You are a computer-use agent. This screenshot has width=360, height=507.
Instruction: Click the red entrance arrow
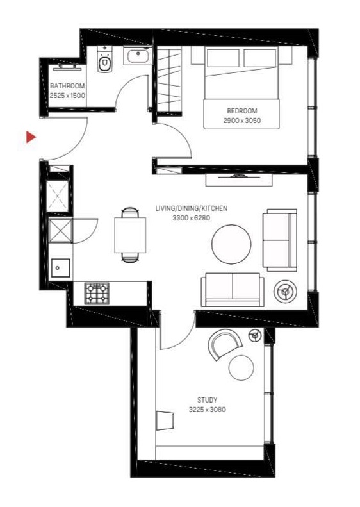pyautogui.click(x=31, y=137)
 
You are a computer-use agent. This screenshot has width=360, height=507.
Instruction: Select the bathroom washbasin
pyautogui.click(x=137, y=56)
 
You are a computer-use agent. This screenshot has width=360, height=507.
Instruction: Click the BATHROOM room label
pyautogui.click(x=67, y=86)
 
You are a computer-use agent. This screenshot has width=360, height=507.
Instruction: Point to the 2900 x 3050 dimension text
pyautogui.click(x=241, y=121)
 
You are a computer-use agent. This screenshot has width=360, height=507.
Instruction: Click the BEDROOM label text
pyautogui.click(x=242, y=111)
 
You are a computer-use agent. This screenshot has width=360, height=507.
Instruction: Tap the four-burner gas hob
pyautogui.click(x=97, y=294)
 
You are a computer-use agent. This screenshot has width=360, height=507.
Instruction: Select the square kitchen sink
pyautogui.click(x=61, y=268)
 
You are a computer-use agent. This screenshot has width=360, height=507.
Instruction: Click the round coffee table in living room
pyautogui.click(x=231, y=244)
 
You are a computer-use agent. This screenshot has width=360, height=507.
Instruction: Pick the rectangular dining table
pyautogui.click(x=130, y=235)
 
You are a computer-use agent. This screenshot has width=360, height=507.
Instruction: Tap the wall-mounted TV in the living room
pyautogui.click(x=239, y=176)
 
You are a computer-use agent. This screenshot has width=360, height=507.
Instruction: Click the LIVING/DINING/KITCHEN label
pyautogui.click(x=192, y=208)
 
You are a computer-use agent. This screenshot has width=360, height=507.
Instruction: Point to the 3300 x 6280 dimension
pyautogui.click(x=192, y=218)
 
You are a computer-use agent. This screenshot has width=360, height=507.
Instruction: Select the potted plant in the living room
pyautogui.click(x=284, y=292)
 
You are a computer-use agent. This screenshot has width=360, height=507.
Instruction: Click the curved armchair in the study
pyautogui.click(x=225, y=344)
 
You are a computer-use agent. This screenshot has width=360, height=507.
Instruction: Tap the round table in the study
pyautogui.click(x=241, y=368)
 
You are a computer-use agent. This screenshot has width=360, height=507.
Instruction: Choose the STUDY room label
pyautogui.click(x=207, y=400)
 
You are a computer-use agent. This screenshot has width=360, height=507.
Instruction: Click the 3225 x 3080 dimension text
pyautogui.click(x=207, y=410)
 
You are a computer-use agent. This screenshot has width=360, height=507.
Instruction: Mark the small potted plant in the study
pyautogui.click(x=256, y=335)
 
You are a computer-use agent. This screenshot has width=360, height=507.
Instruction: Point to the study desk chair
pyautogui.click(x=165, y=420)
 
